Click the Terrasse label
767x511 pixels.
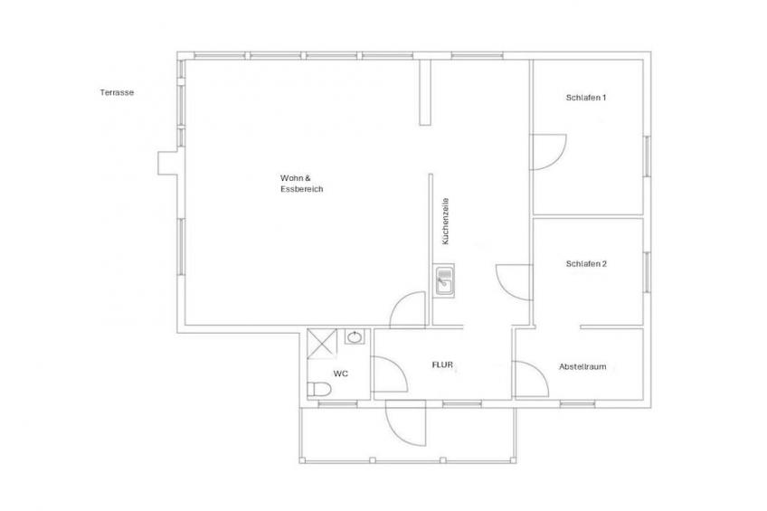117,92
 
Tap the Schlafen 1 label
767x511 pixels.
586,98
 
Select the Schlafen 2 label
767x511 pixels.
586,264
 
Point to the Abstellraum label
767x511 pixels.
582,367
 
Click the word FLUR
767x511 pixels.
442,364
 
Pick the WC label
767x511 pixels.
341,374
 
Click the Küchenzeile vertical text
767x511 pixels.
445,221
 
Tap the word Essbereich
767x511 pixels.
302,189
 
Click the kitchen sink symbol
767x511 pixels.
444,280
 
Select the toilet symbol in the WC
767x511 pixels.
319,389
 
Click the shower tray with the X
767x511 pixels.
322,345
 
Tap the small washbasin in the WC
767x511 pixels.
355,337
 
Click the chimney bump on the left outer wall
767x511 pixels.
167,163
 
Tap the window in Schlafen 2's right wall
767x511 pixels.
647,272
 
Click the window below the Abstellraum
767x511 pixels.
577,404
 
